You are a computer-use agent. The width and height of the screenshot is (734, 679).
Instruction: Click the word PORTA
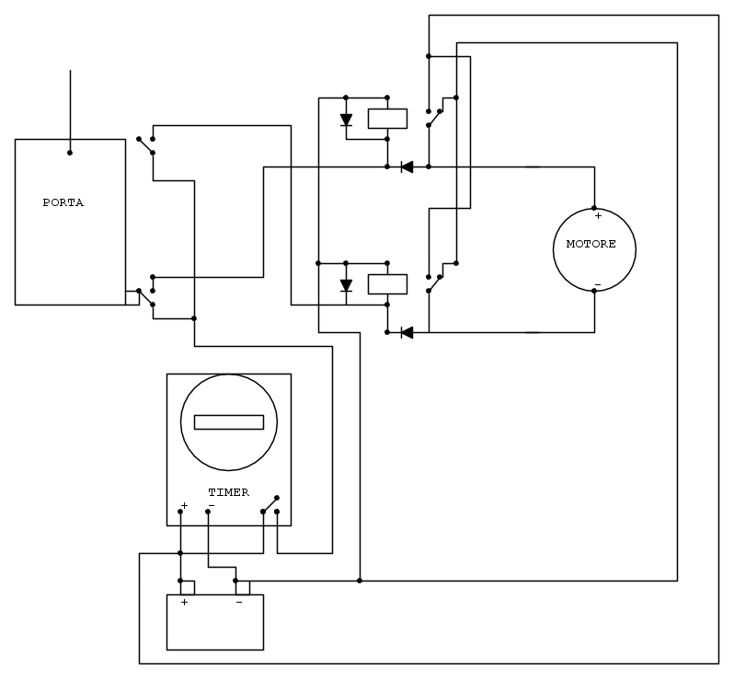pyautogui.click(x=63, y=202)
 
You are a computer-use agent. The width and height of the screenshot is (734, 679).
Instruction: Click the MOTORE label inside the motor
pyautogui.click(x=591, y=245)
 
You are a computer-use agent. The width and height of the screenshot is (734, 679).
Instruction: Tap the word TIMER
pyautogui.click(x=228, y=492)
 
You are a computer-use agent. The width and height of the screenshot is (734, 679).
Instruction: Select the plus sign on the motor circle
pyautogui.click(x=597, y=216)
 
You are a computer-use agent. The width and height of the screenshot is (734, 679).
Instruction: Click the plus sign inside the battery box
pyautogui.click(x=185, y=603)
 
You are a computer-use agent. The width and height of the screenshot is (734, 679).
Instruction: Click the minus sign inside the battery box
pyautogui.click(x=238, y=603)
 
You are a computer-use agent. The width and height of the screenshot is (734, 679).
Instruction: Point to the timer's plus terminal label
pyautogui.click(x=184, y=505)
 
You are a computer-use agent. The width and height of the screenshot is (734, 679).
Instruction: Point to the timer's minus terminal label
pyautogui.click(x=211, y=505)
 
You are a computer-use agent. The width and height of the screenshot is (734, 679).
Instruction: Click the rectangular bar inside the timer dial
pyautogui.click(x=229, y=422)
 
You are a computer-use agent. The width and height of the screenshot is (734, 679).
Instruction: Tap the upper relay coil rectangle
pyautogui.click(x=387, y=119)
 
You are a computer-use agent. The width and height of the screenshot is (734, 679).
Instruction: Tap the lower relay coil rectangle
pyautogui.click(x=387, y=283)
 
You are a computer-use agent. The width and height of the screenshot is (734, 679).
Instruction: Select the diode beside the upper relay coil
pyautogui.click(x=346, y=120)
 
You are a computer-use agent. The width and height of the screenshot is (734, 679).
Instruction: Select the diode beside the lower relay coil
pyautogui.click(x=346, y=285)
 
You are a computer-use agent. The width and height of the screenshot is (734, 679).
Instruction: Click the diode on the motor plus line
pyautogui.click(x=406, y=167)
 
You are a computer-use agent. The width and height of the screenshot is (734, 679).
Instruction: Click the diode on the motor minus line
pyautogui.click(x=406, y=332)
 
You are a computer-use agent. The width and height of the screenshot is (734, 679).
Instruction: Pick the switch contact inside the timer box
pyautogui.click(x=270, y=504)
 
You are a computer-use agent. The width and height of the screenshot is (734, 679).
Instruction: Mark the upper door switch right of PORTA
pyautogui.click(x=145, y=145)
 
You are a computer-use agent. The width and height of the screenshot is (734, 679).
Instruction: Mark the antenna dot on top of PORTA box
pyautogui.click(x=70, y=153)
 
